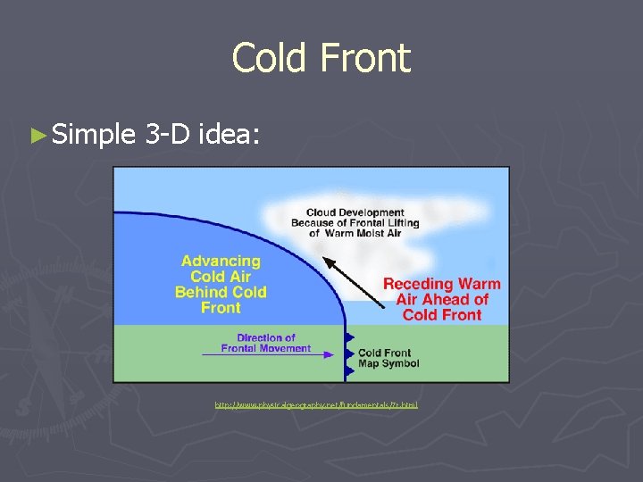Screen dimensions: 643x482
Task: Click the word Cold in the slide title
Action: tap(264, 59)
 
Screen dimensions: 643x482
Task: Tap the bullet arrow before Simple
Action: tap(38, 136)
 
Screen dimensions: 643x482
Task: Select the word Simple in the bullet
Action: tap(93, 136)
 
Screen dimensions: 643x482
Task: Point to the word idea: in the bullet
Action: tap(230, 136)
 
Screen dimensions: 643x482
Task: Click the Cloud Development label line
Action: tap(347, 212)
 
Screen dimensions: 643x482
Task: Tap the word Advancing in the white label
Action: tap(221, 262)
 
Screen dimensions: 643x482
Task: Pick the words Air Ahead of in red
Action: tap(442, 299)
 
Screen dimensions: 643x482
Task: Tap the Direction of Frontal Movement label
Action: tap(266, 343)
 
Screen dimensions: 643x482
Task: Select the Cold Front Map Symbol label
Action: tap(388, 359)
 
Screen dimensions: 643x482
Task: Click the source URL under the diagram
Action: tap(316, 405)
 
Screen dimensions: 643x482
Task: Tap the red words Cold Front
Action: tap(442, 314)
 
